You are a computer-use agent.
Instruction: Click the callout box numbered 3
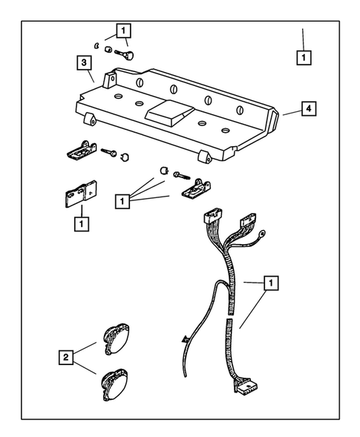pos(85,62)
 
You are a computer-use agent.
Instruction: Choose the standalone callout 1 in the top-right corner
pos(303,56)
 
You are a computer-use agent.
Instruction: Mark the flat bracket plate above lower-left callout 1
pos(79,194)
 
